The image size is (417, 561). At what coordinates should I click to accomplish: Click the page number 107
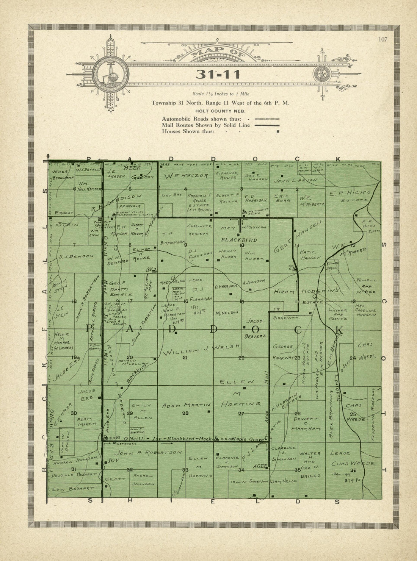tap(383, 39)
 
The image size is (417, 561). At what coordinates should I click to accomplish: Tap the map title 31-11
tap(218, 74)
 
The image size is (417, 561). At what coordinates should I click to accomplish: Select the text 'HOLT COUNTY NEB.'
tap(220, 111)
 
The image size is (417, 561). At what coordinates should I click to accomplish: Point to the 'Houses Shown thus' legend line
tap(188, 131)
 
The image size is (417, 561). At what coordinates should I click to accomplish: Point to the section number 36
tap(353, 470)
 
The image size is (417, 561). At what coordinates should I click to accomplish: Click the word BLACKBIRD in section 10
tap(239, 240)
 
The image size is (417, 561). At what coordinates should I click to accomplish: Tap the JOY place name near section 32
tap(111, 461)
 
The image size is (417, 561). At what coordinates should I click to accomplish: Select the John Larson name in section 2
tap(296, 181)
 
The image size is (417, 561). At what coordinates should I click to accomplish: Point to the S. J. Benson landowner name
tap(76, 256)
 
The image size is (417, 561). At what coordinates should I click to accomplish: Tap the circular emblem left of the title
tap(111, 74)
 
